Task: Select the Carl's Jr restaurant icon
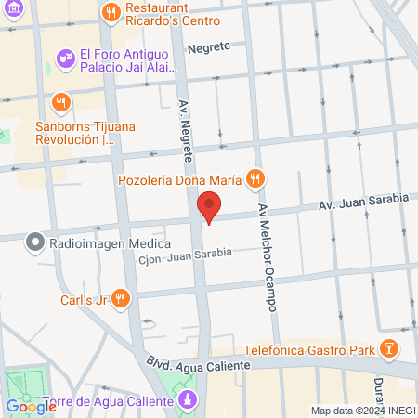click(122, 298)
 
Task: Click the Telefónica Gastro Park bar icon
click(388, 350)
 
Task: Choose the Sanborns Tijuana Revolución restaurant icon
click(61, 101)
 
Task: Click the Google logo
click(31, 406)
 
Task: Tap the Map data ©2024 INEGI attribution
click(362, 411)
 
